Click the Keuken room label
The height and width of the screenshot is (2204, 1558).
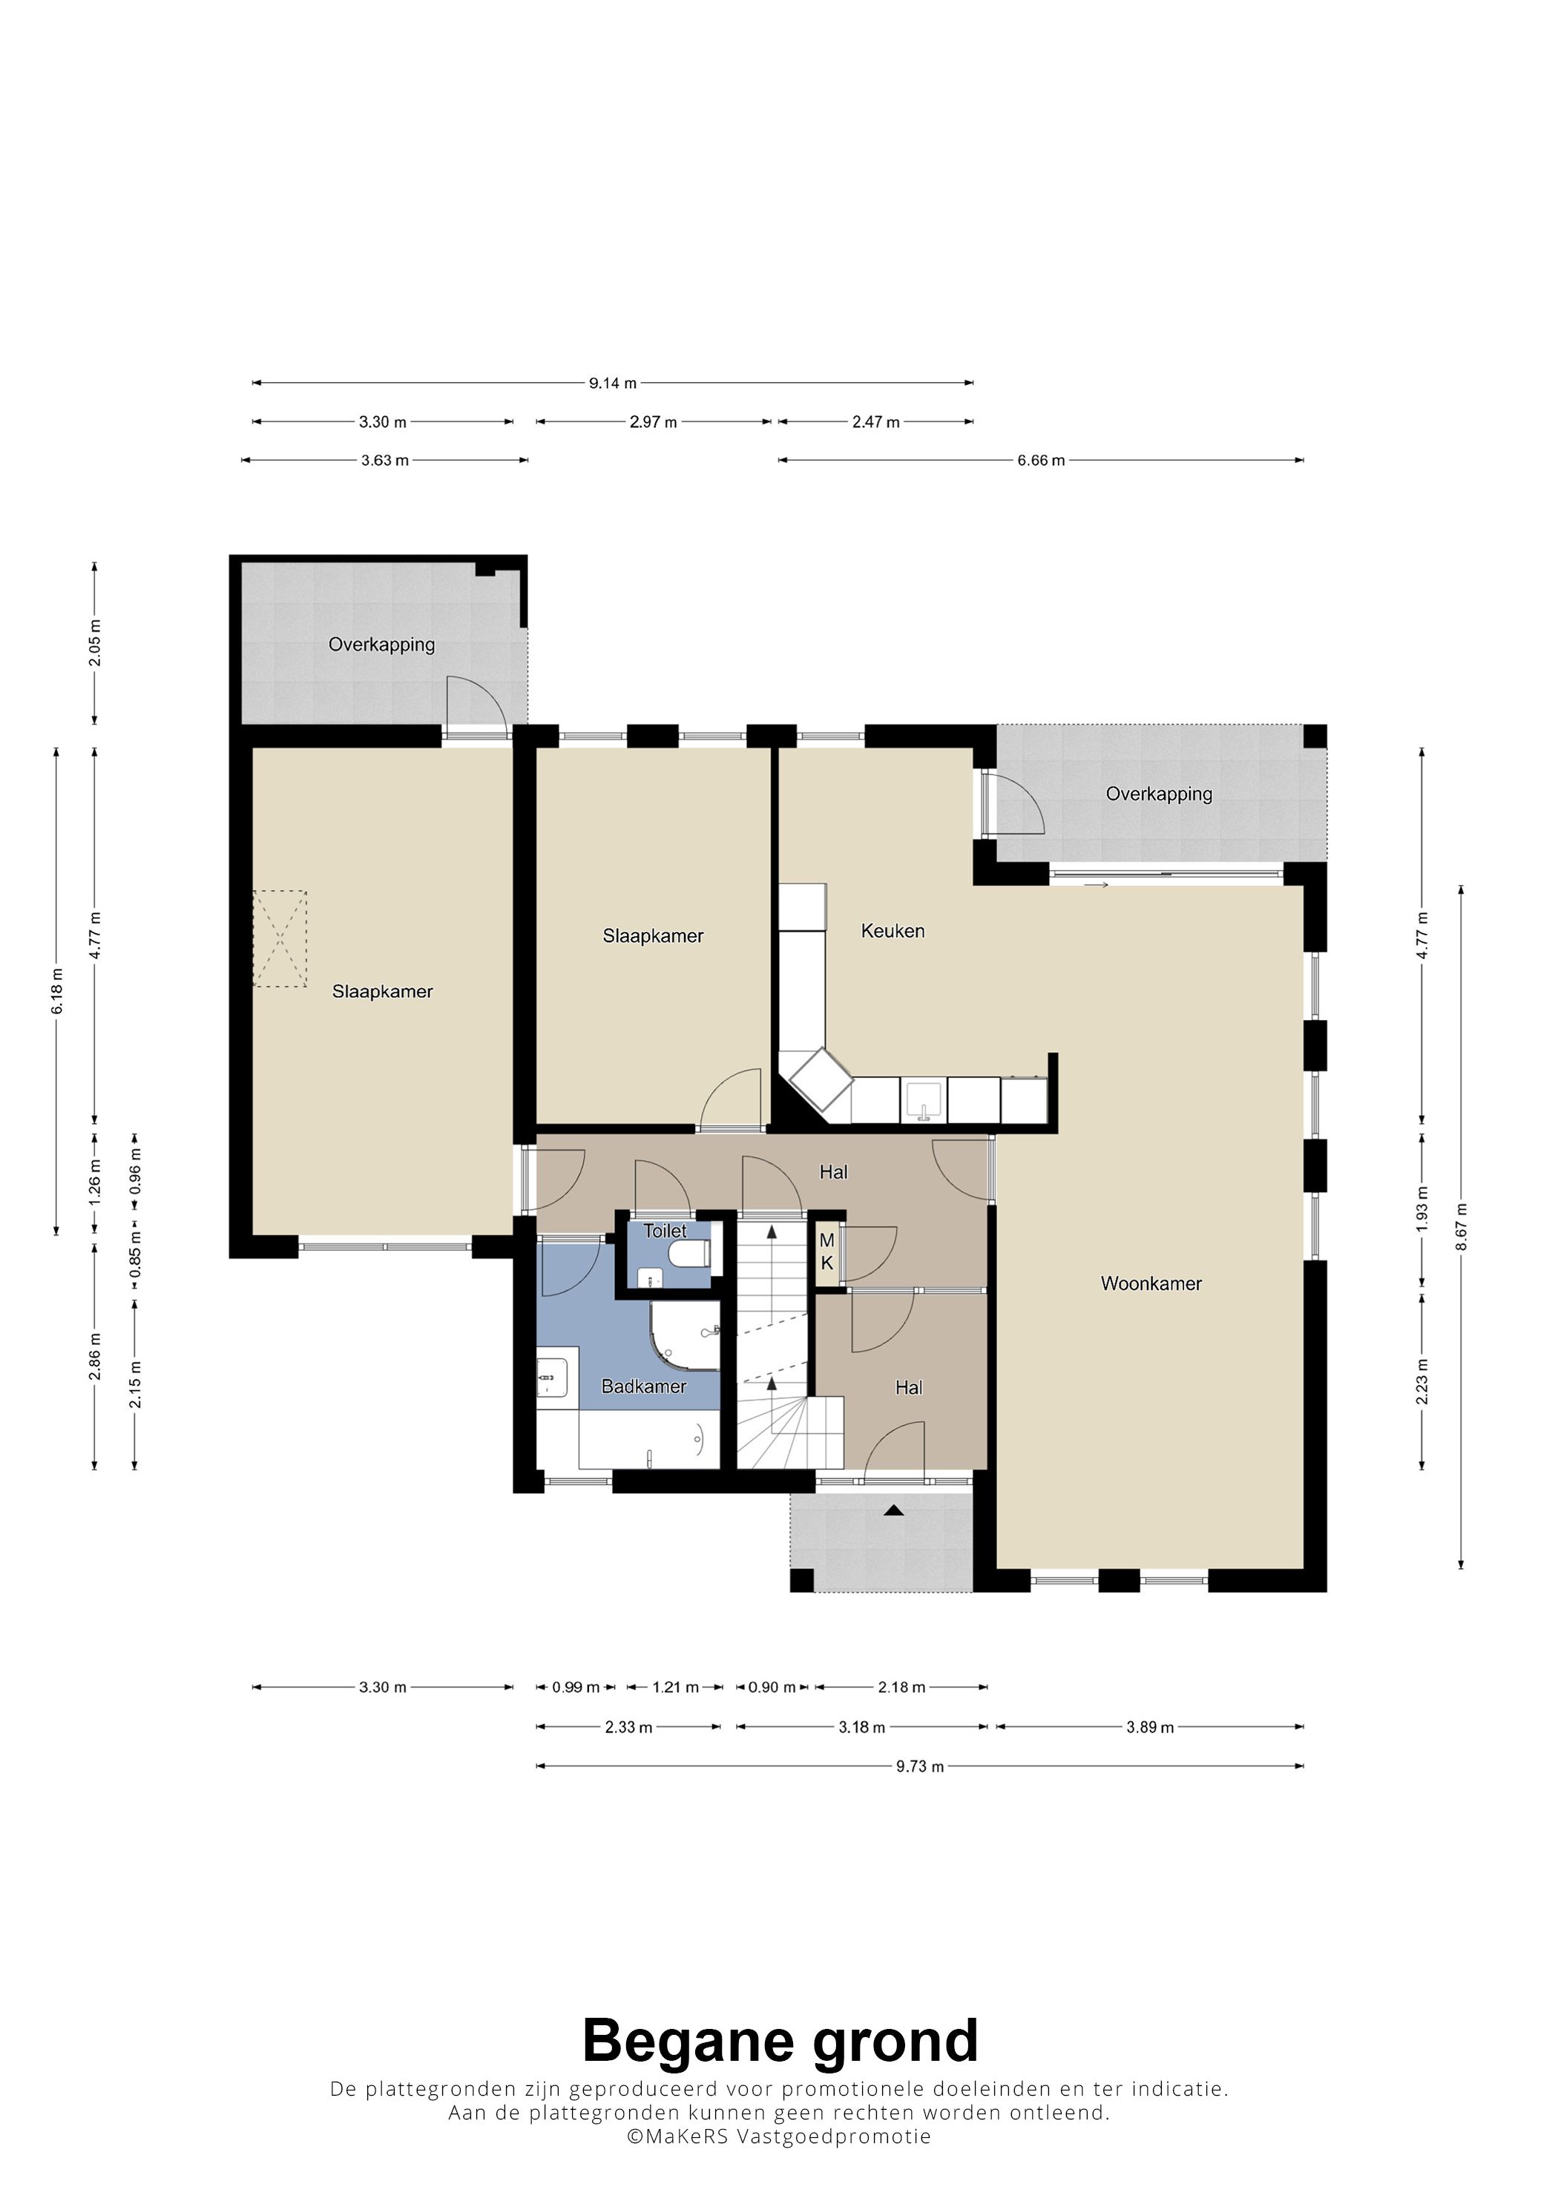click(892, 930)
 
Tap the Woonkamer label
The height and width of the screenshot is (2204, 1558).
click(1151, 1283)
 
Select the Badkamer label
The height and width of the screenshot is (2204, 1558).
click(643, 1386)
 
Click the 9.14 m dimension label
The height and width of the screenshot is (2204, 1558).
click(613, 383)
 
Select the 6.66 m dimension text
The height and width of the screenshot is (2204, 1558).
click(1041, 461)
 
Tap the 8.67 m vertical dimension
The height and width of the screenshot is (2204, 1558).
click(1461, 1226)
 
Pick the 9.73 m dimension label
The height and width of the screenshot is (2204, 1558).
click(920, 1766)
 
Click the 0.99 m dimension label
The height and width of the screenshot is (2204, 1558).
click(575, 1688)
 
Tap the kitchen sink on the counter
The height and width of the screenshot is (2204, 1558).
click(924, 1100)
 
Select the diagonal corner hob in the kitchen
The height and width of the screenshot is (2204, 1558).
click(821, 1081)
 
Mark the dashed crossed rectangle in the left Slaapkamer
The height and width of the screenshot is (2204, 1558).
click(280, 939)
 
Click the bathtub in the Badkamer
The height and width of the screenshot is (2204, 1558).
click(649, 1441)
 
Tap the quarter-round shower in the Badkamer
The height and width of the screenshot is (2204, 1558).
click(686, 1335)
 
